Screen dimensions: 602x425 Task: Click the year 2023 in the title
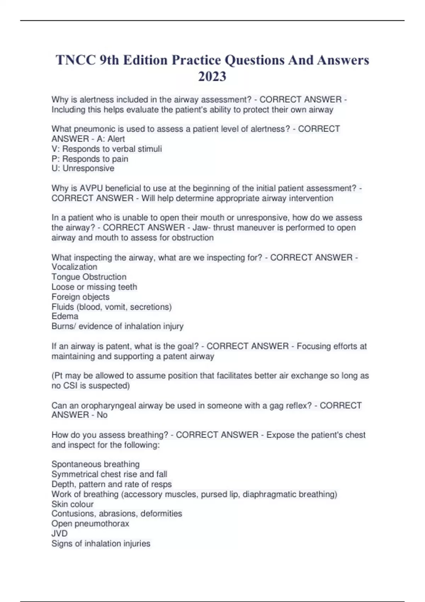click(212, 76)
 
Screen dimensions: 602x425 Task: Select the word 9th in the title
click(109, 60)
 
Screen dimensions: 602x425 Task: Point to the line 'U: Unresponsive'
click(83, 169)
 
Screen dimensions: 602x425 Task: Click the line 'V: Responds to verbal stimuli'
click(107, 149)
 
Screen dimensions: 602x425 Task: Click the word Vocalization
click(74, 267)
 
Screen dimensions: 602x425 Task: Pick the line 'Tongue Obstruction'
click(89, 277)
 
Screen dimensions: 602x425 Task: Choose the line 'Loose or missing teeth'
click(94, 287)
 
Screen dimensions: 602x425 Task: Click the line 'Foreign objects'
click(80, 297)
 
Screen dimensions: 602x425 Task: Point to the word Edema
click(65, 316)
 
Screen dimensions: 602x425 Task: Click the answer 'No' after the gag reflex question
click(102, 415)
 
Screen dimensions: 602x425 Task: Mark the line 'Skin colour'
click(73, 504)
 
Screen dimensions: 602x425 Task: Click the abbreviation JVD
click(59, 533)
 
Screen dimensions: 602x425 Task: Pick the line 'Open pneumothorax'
click(90, 523)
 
